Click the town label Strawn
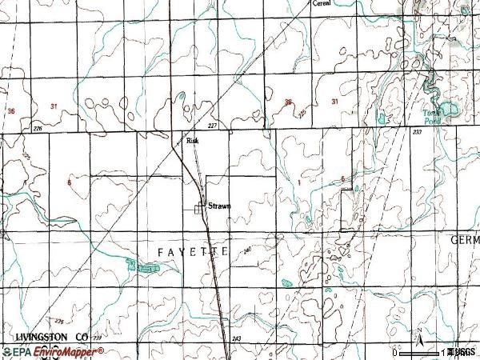[219, 206]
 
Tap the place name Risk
[192, 140]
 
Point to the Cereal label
[322, 3]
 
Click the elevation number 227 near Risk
[211, 126]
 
